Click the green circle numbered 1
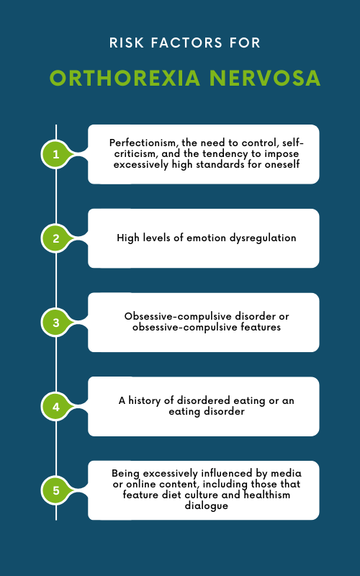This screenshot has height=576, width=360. point(56,153)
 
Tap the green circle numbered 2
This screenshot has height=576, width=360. point(56,238)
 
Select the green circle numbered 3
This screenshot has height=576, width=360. point(56,323)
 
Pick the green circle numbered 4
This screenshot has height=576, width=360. point(56,407)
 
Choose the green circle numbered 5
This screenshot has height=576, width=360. point(56,491)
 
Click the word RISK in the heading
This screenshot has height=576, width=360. point(123,43)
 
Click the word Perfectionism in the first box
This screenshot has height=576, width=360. point(143,143)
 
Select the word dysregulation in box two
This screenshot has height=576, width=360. point(262,238)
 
